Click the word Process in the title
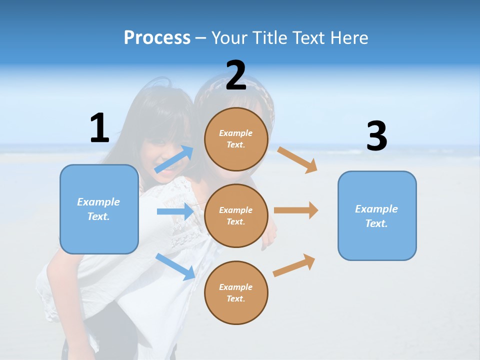pos(157,37)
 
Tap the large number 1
pos(99,127)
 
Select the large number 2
pos(236,75)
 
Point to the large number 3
pos(376,136)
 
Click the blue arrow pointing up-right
pos(174,159)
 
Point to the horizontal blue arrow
pos(175,211)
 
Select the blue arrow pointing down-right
pos(175,266)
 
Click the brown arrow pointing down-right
pos(297,159)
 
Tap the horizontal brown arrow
pos(296,210)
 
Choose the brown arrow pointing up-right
pos(294,265)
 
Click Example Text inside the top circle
pos(236,139)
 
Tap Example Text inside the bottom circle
pos(236,293)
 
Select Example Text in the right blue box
pos(376,216)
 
